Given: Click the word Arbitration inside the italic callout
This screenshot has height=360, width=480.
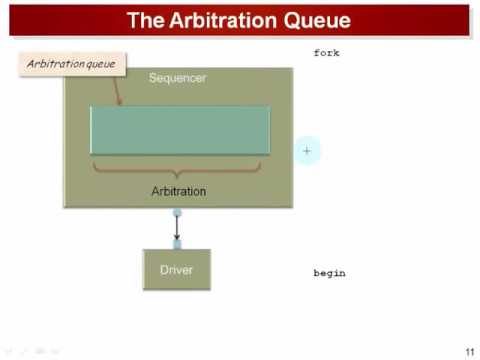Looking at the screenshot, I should (x=52, y=64).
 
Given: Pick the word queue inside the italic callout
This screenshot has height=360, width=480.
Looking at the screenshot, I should (x=99, y=64).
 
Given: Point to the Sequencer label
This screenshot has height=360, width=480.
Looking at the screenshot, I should (x=178, y=77).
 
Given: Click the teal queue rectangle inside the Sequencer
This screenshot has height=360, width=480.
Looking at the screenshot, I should (x=180, y=130).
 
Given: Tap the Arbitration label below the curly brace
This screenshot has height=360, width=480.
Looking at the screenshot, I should (x=179, y=190).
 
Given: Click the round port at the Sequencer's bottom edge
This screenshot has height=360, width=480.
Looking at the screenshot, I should (x=177, y=212).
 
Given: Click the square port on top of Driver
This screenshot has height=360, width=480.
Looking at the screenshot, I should (x=177, y=244).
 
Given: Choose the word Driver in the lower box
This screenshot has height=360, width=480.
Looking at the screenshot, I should (x=177, y=269).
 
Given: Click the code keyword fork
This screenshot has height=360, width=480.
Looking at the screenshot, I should (x=327, y=52).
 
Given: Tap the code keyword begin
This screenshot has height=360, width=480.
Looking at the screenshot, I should (x=329, y=273).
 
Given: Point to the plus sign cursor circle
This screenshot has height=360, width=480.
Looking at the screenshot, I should (x=307, y=151).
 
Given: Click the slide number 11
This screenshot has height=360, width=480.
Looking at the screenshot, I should (x=468, y=350).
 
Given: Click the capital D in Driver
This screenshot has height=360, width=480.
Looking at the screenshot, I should (x=164, y=269).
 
